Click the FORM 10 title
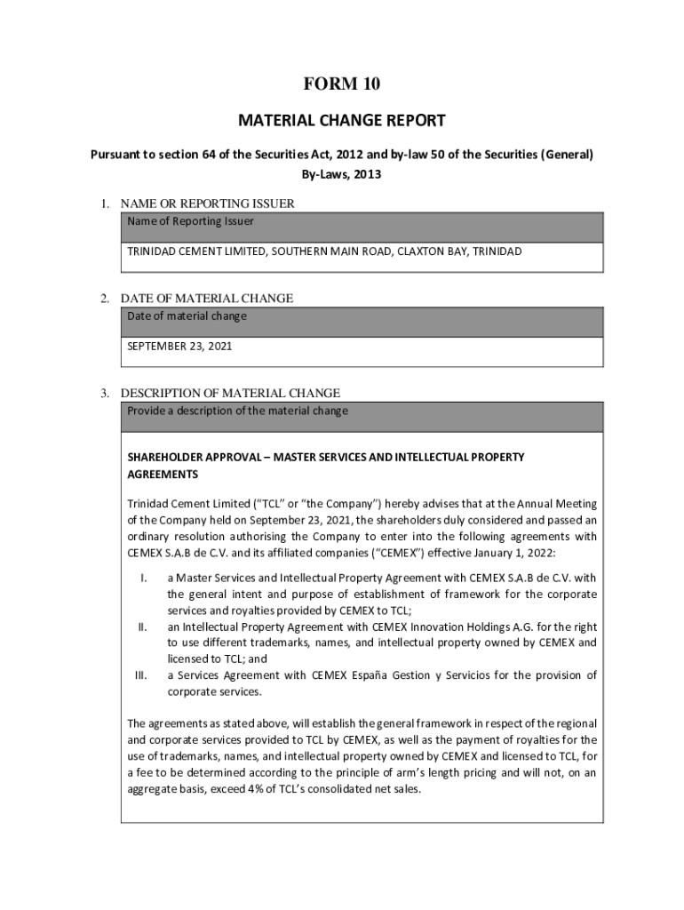(x=342, y=84)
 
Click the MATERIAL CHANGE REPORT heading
(x=342, y=120)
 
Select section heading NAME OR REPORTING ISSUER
(x=207, y=204)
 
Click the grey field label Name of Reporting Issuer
(x=190, y=221)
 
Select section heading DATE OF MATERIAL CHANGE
(x=206, y=299)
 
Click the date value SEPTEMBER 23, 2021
(x=179, y=347)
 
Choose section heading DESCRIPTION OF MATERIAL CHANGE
(x=230, y=393)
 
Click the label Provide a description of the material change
(x=237, y=411)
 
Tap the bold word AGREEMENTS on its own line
(x=163, y=475)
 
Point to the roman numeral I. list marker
(x=143, y=579)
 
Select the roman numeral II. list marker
(x=142, y=627)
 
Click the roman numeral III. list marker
(x=140, y=675)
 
